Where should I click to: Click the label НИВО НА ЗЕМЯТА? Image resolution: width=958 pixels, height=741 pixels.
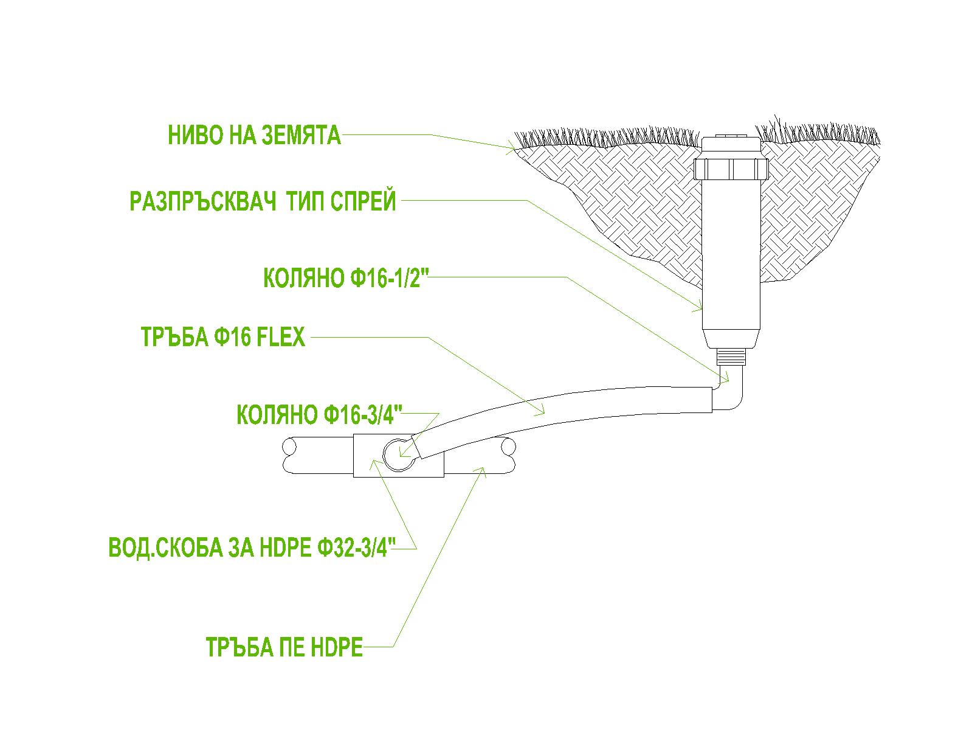point(254,135)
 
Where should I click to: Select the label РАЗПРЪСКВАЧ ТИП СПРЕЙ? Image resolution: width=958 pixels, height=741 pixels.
point(263,201)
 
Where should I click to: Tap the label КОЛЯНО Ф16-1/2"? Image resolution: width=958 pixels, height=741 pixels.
point(346,278)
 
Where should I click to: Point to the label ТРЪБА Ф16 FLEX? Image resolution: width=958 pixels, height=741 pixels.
point(222,337)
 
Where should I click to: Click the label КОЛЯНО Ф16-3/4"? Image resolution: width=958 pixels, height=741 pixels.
point(320,415)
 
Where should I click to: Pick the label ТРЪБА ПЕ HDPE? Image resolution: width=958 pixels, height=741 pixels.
point(284,647)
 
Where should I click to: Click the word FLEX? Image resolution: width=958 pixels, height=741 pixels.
point(280,337)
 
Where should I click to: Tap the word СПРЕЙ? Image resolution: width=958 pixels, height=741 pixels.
point(363,201)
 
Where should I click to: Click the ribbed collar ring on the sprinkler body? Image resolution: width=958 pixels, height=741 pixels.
point(731,169)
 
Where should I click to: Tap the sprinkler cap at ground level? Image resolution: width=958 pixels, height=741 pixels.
point(731,144)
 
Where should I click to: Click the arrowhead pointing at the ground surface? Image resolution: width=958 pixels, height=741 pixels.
point(511,147)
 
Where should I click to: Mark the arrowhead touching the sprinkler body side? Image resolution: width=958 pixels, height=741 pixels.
point(697,306)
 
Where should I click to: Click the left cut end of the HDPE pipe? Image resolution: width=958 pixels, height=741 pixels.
point(289,456)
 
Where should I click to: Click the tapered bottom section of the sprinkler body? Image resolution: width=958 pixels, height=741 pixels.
point(731,339)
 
